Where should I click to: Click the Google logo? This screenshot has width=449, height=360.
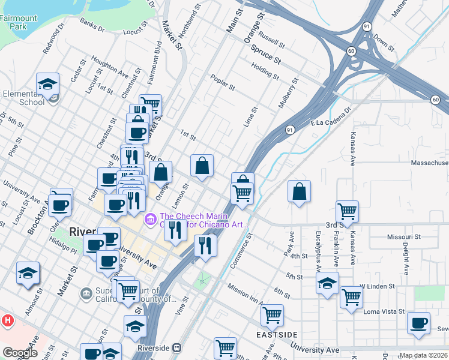(x=20, y=352)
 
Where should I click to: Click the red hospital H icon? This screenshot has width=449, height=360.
(x=7, y=320)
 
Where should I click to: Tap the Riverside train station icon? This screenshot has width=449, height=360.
(x=176, y=347)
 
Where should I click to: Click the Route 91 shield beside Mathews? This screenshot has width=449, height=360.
(x=366, y=26)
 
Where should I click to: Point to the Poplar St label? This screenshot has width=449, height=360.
(x=222, y=82)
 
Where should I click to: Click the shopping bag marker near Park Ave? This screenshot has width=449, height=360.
(x=299, y=192)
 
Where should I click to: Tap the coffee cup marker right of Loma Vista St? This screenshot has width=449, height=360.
(x=418, y=322)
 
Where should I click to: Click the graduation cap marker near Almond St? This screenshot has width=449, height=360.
(x=28, y=273)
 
